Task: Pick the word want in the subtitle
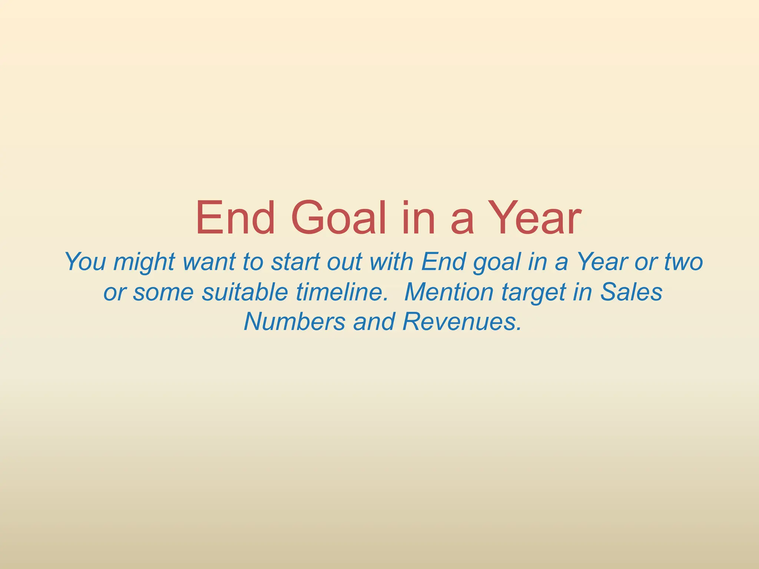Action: (209, 262)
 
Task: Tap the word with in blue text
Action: (391, 262)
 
